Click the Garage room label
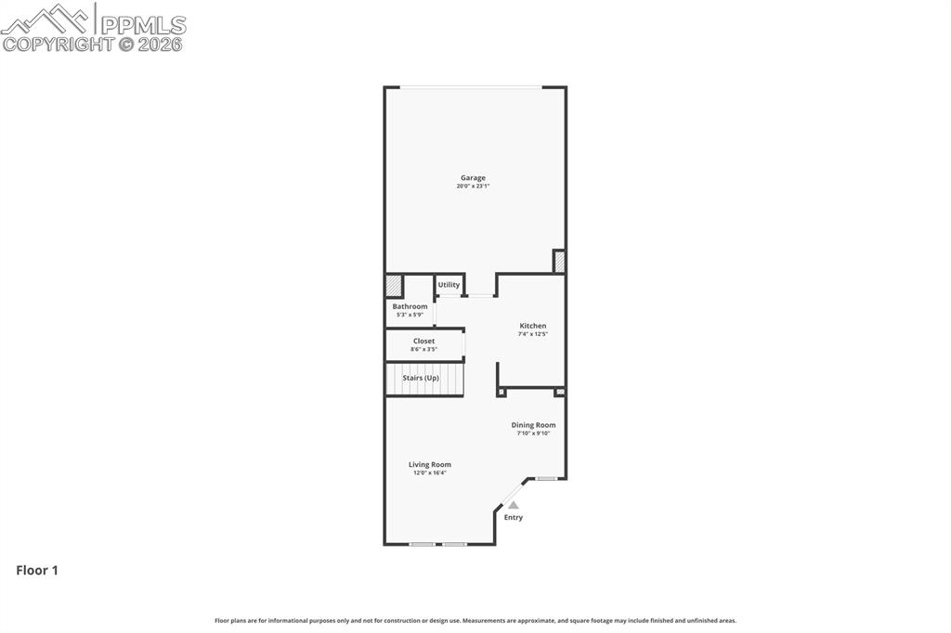tap(473, 178)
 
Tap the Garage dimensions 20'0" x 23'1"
tap(473, 187)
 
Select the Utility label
tap(449, 285)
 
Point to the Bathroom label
tap(410, 306)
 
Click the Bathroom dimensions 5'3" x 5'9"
tap(410, 315)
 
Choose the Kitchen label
tap(533, 326)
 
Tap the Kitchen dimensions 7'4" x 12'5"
tap(533, 334)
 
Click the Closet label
tap(423, 341)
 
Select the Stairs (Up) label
tap(421, 378)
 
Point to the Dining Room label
tap(533, 425)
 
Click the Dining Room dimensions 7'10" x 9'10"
tap(533, 433)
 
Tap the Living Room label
tap(430, 464)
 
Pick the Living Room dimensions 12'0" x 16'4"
tap(430, 472)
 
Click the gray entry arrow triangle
tap(513, 505)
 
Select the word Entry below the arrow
tap(514, 517)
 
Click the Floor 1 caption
tap(37, 571)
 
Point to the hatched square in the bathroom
tap(394, 285)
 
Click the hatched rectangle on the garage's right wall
tap(559, 262)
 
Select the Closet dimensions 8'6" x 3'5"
tap(423, 349)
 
